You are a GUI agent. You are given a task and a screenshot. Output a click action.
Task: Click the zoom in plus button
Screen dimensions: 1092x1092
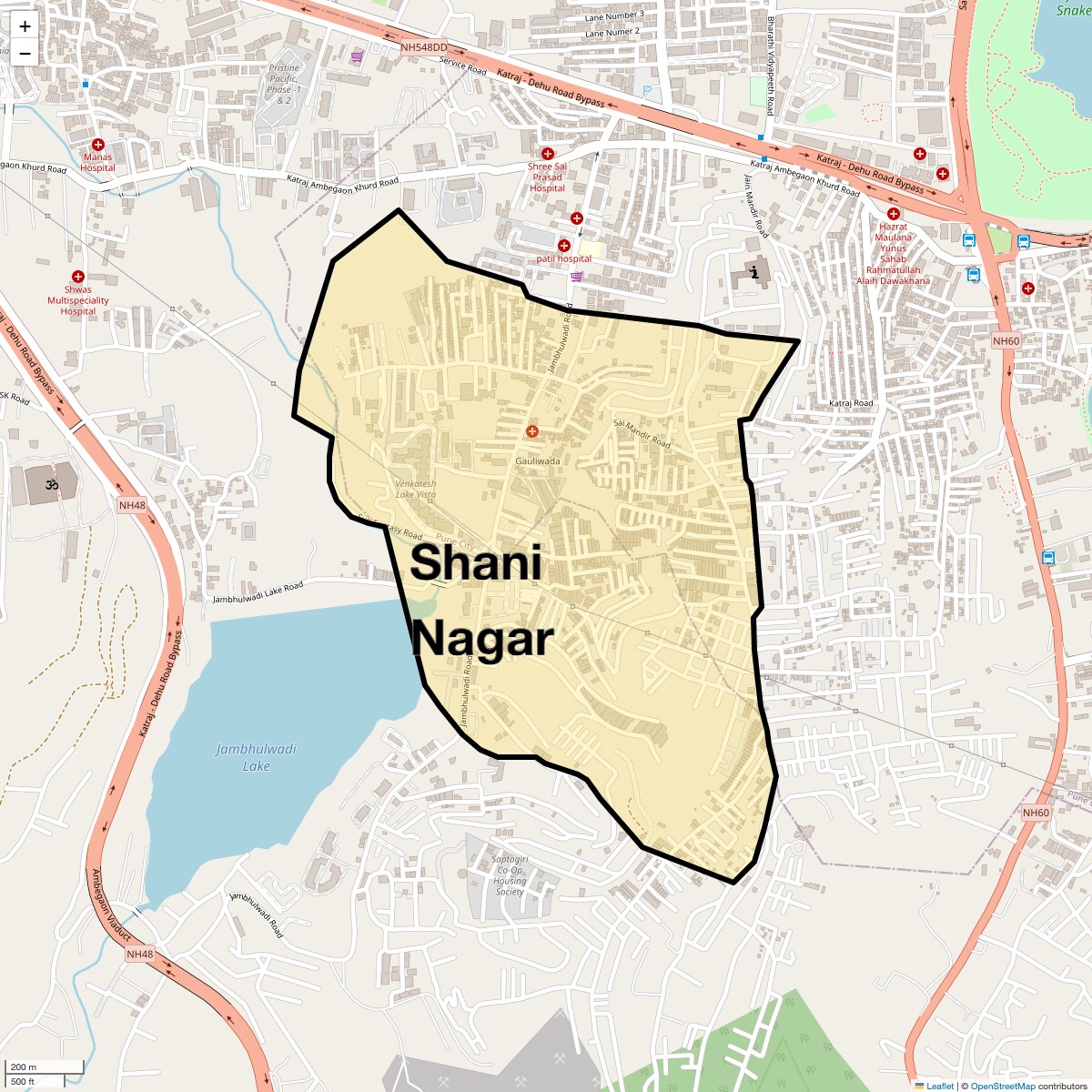(x=25, y=26)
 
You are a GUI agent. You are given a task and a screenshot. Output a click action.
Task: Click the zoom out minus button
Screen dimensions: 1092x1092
(x=25, y=53)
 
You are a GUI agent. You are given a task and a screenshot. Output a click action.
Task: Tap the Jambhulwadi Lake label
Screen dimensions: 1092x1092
(x=256, y=757)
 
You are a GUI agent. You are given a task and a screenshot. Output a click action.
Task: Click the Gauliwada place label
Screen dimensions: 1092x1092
(x=538, y=461)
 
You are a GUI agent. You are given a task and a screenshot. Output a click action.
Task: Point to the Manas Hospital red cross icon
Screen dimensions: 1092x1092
(x=98, y=145)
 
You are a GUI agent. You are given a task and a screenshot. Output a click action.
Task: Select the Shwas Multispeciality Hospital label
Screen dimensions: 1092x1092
(x=78, y=300)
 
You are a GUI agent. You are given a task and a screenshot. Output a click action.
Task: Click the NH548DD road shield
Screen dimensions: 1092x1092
(x=424, y=47)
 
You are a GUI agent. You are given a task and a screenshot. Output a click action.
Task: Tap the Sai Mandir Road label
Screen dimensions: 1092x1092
(x=642, y=434)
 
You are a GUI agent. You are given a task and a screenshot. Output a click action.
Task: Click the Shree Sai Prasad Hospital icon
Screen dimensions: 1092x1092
(x=548, y=154)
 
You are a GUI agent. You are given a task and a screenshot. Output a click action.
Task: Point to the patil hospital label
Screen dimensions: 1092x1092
(x=563, y=259)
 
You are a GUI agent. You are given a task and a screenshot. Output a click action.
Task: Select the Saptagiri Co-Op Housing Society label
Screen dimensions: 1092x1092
(x=510, y=875)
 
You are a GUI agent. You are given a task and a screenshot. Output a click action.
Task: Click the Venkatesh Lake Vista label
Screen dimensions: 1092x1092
(x=416, y=490)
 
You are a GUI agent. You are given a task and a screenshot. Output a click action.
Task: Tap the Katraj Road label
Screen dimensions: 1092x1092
(x=851, y=403)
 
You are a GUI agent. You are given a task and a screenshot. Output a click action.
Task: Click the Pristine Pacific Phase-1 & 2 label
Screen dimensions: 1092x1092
(x=284, y=84)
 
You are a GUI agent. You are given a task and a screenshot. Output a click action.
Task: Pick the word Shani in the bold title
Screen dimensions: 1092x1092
(x=476, y=562)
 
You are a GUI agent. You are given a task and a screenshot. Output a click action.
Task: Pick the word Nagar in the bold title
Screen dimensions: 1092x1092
(x=482, y=639)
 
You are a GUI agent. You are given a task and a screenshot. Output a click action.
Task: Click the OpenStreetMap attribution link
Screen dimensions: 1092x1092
(x=1002, y=1086)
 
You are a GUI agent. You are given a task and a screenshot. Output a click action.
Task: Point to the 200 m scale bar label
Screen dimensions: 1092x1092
(x=25, y=1067)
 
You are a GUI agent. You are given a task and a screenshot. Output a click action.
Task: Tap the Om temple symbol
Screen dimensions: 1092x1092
(x=52, y=485)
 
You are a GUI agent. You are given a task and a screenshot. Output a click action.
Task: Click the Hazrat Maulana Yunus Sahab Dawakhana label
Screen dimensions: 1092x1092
(x=893, y=254)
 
